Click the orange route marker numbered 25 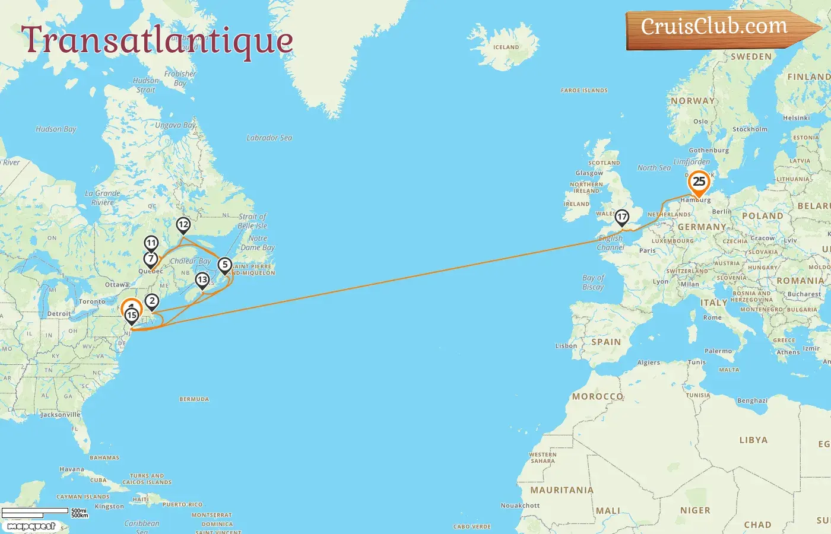point(699,182)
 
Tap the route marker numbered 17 point(621,217)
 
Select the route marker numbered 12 point(183,225)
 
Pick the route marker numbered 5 point(225,265)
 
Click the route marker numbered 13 point(202,280)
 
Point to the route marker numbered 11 point(151,243)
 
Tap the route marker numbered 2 point(152,301)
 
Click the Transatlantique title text point(157,40)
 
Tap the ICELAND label point(506,47)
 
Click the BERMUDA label point(194,399)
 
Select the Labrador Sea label point(269,138)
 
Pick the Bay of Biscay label point(593,282)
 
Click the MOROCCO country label point(597,396)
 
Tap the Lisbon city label point(566,346)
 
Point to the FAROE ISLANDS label point(584,91)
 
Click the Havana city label point(71,469)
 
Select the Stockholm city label point(750,129)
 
